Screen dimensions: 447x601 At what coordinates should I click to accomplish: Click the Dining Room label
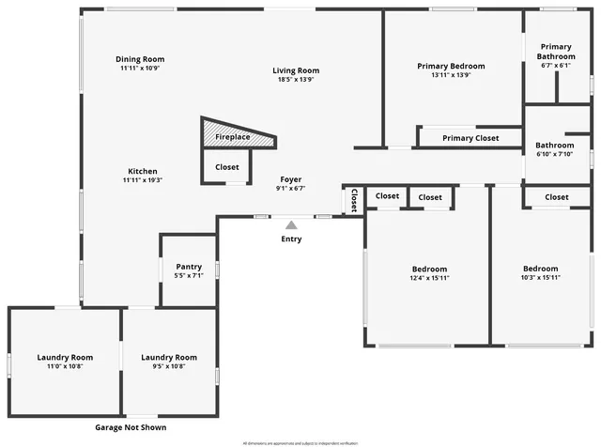pos(140,59)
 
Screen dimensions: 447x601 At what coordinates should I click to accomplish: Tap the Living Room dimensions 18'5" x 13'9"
pos(296,80)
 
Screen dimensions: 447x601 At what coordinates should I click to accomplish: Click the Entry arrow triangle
pos(292,224)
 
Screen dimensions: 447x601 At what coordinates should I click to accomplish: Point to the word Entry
pos(292,239)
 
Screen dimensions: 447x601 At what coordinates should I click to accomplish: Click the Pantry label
pos(189,266)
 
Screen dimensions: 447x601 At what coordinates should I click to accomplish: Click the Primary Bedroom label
pos(451,66)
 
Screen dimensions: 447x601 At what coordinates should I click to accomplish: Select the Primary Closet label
pos(470,138)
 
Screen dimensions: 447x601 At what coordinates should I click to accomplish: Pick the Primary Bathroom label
pos(555,51)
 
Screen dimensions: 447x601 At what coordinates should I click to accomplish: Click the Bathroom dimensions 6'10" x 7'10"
pos(554,155)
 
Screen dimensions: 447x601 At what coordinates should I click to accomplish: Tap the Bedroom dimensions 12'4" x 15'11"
pos(428,278)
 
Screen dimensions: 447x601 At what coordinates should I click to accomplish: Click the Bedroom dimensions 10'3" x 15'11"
pos(540,278)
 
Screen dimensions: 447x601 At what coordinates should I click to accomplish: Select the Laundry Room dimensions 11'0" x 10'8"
pos(65,366)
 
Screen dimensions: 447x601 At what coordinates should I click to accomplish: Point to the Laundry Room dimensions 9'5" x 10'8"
pos(169,366)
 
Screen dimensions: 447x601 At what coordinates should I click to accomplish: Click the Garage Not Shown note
pos(131,427)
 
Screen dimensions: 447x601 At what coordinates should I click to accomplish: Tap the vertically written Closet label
pos(354,201)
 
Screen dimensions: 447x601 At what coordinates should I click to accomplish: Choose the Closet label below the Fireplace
pos(226,167)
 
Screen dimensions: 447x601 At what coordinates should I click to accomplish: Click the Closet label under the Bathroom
pos(556,197)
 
